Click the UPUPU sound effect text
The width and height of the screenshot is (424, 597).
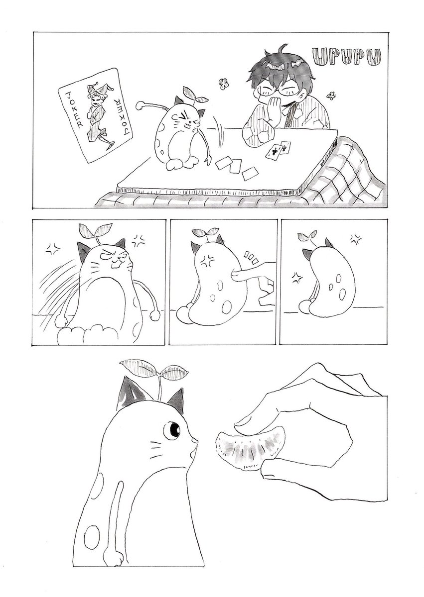[x=347, y=57]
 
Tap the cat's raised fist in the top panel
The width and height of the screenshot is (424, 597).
[x=141, y=106]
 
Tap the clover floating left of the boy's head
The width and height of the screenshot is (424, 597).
[x=224, y=84]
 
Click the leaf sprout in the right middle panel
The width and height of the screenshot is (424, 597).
[x=308, y=237]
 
